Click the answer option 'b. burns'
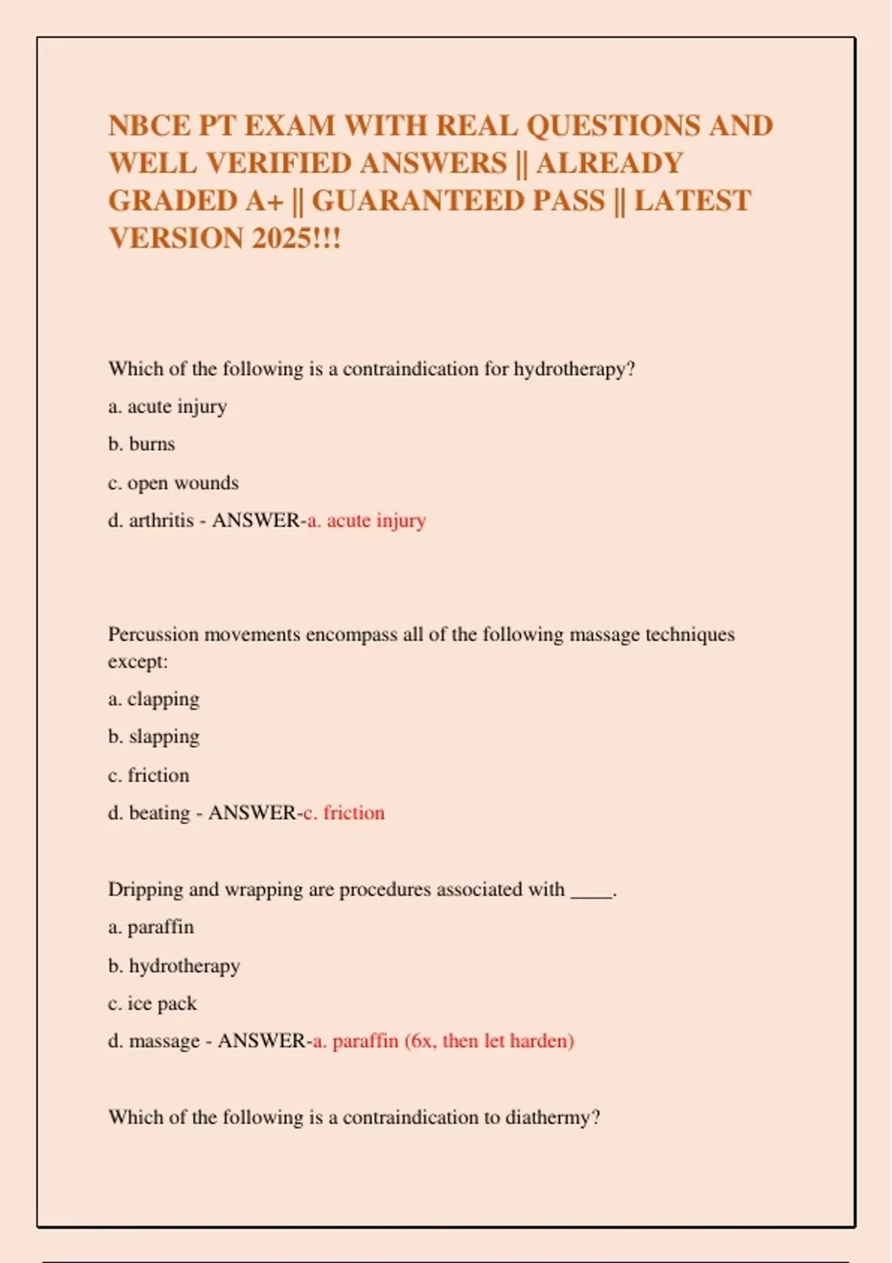coord(141,444)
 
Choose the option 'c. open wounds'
coord(173,483)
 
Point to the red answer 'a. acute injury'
coord(366,521)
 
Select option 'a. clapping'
coord(154,699)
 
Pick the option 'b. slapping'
coord(154,737)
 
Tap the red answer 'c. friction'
coord(343,813)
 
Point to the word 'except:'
coord(138,661)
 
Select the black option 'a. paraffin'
coord(151,927)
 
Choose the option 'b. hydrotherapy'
coord(174,966)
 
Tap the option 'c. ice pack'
coord(152,1004)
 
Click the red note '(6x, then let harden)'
coord(489,1041)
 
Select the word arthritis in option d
coord(161,521)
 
